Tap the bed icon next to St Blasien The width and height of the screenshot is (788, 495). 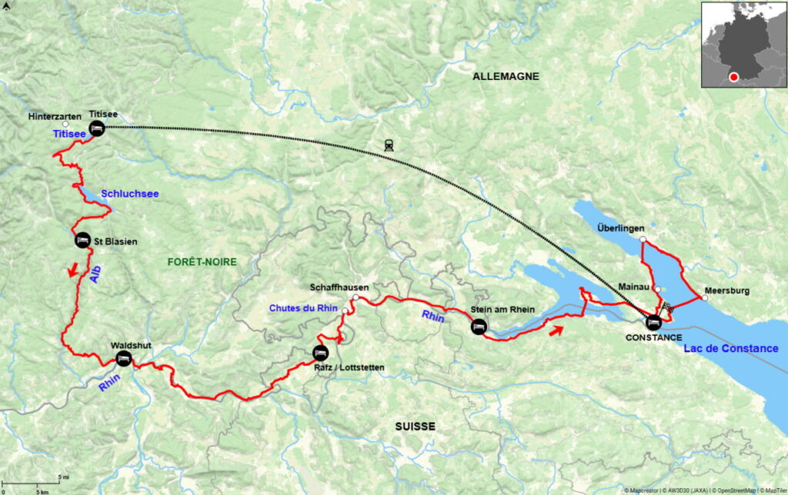(82, 241)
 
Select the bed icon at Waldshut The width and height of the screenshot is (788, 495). (122, 359)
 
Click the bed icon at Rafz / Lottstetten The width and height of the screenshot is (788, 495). (320, 353)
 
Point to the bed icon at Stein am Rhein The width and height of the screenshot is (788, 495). (478, 327)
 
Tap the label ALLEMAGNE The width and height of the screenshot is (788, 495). (506, 76)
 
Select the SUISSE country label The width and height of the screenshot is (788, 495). (415, 426)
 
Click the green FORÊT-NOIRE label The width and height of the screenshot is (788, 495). (202, 262)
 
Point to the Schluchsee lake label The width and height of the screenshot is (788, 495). (129, 194)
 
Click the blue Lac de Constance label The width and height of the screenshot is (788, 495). (730, 348)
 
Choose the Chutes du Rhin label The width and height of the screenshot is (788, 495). (303, 308)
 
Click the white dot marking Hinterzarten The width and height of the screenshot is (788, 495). (66, 124)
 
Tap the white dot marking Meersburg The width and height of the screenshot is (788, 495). (704, 298)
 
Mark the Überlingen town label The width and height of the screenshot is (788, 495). (620, 228)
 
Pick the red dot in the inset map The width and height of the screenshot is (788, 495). (734, 77)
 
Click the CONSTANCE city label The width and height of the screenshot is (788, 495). (653, 337)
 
